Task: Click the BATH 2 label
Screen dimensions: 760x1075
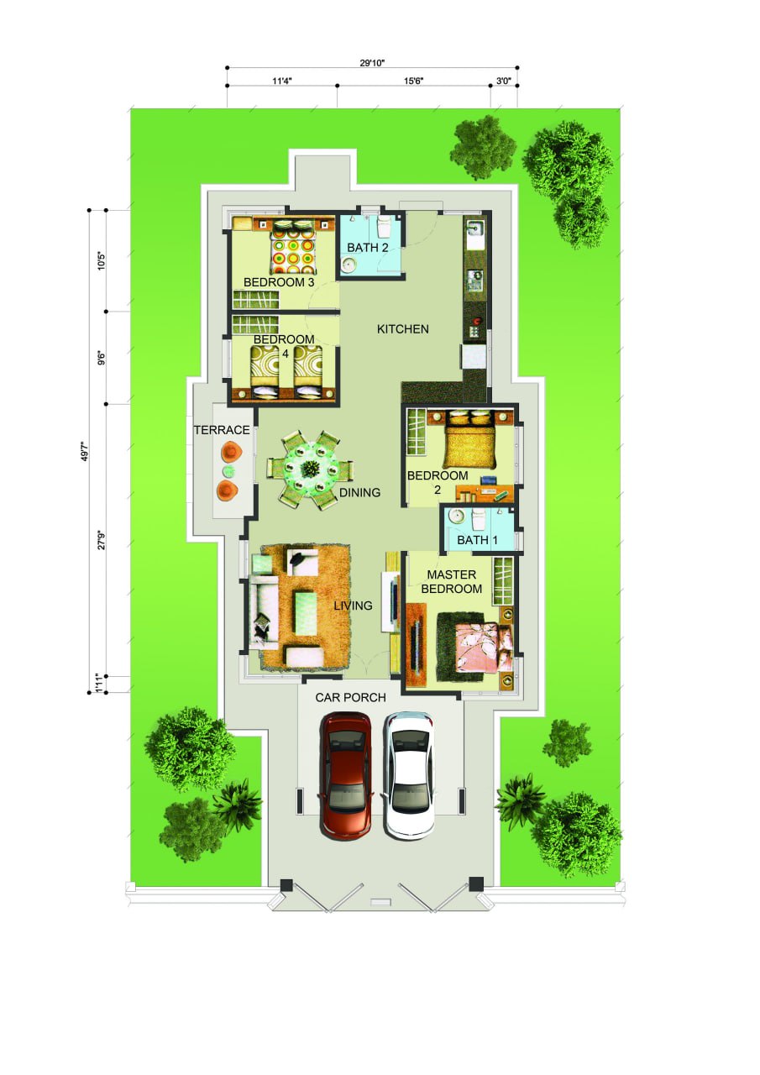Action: pos(368,248)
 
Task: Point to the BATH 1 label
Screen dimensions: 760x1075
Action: pos(477,540)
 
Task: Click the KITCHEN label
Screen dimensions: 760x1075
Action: pos(402,328)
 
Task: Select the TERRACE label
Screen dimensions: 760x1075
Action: pos(222,430)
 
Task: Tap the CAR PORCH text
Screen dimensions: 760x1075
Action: pos(350,697)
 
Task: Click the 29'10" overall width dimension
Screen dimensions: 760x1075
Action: pos(372,63)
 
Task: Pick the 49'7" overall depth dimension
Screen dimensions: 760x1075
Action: pos(85,451)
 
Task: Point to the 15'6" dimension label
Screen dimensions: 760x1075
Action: pos(413,81)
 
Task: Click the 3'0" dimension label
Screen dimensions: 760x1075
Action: pos(504,81)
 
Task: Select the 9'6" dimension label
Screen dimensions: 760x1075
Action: pos(102,358)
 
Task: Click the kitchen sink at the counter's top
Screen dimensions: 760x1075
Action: pos(475,229)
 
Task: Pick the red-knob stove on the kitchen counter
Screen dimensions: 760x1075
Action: pos(475,327)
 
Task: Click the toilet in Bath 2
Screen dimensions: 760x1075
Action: pos(385,227)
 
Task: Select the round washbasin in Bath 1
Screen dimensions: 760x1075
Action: pos(456,517)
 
